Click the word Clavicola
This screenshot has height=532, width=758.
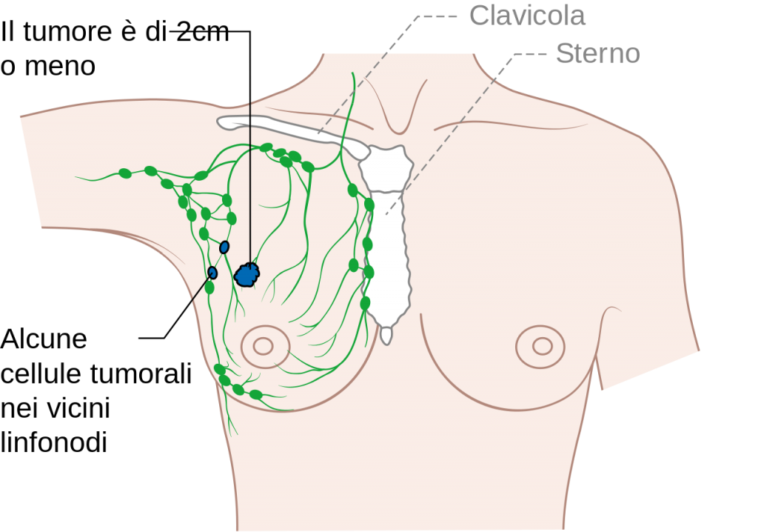tap(528, 16)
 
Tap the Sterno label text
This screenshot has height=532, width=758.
tap(597, 53)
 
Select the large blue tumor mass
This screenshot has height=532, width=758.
tap(247, 275)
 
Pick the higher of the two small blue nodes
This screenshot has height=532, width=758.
tap(224, 247)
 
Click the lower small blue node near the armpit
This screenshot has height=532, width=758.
tap(212, 273)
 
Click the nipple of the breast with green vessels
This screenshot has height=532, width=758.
tap(263, 345)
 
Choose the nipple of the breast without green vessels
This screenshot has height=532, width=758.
tap(543, 346)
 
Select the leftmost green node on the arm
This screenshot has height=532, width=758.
tap(125, 174)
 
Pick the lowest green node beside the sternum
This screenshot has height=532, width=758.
tap(365, 303)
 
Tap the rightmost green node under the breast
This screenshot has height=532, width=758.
tap(255, 394)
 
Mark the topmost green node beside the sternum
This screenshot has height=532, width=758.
tap(353, 190)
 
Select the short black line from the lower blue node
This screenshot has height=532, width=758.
tap(201, 289)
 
